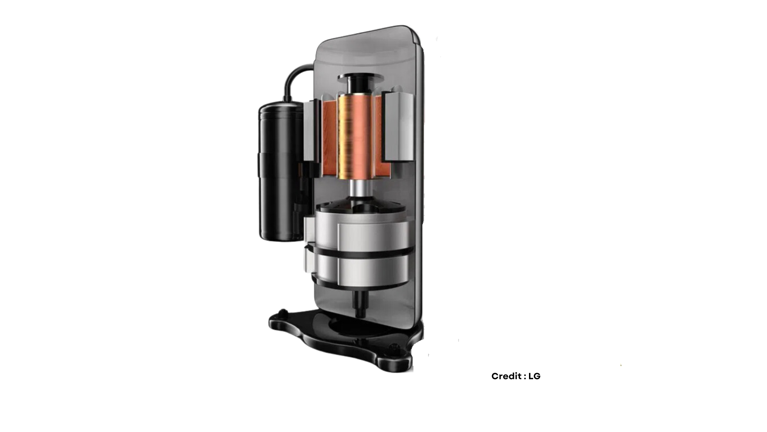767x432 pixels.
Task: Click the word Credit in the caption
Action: pyautogui.click(x=506, y=376)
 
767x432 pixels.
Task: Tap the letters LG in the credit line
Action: pyautogui.click(x=534, y=376)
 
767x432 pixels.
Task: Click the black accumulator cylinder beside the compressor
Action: pyautogui.click(x=279, y=171)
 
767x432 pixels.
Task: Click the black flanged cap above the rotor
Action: pyautogui.click(x=358, y=81)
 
